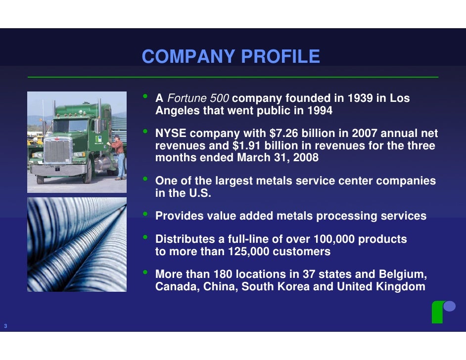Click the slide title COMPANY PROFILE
pos(231,57)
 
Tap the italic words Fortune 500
pos(198,98)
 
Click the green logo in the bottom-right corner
pos(443,311)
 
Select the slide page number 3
pos(5,326)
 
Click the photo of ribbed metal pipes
pos(77,244)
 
